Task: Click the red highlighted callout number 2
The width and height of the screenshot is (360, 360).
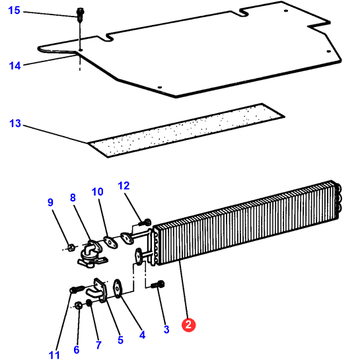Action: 188,325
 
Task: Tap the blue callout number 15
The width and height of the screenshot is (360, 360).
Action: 15,11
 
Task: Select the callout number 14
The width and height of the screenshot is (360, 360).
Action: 15,65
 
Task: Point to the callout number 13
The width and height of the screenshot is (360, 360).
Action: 15,124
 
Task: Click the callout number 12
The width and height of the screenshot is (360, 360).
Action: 124,186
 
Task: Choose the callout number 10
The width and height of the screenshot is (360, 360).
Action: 97,192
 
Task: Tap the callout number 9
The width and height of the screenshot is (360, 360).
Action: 50,202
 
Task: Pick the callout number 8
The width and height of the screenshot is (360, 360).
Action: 73,198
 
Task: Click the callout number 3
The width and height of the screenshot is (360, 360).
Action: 166,329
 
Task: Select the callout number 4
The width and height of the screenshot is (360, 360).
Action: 142,335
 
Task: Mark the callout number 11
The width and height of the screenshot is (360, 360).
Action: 54,355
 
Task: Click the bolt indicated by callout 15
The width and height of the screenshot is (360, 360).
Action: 80,15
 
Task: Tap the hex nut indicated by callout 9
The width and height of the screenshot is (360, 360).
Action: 71,248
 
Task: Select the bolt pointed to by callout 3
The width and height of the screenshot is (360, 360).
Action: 158,285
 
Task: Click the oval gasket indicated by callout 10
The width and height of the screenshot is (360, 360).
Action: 110,242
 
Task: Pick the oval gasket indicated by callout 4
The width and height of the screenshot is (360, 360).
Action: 118,289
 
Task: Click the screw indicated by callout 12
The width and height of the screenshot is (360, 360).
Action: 145,223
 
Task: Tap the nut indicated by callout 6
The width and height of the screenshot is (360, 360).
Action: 79,306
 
